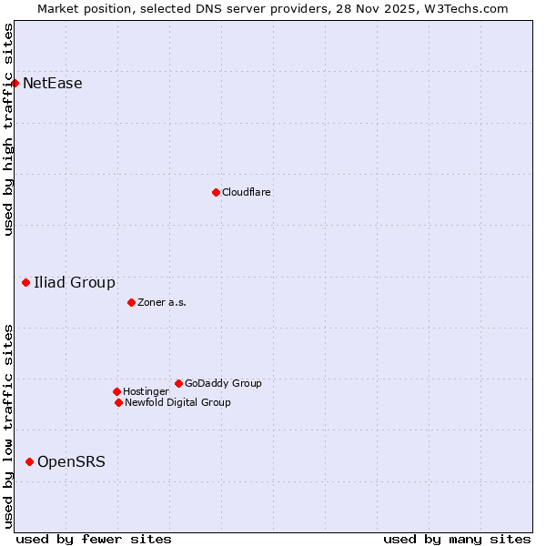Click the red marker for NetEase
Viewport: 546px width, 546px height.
click(15, 84)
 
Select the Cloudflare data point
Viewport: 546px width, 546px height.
click(216, 192)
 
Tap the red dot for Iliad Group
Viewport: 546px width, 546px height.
click(26, 283)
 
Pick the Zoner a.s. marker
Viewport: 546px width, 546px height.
click(131, 302)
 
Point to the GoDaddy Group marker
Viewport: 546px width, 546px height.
click(178, 383)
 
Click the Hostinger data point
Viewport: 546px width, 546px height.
click(116, 391)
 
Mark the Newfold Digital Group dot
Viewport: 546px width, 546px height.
click(118, 402)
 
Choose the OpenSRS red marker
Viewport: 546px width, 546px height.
click(29, 462)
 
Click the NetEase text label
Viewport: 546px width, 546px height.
click(53, 84)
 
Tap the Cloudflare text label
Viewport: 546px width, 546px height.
click(247, 192)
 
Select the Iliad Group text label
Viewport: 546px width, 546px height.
click(75, 283)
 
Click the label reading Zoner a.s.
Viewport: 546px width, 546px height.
click(162, 302)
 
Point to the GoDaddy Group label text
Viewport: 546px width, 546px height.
click(223, 383)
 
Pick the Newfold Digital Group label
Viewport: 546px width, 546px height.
click(177, 402)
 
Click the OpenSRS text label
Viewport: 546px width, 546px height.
click(71, 462)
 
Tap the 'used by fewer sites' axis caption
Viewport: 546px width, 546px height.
click(94, 539)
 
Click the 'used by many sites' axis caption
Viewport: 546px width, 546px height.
click(457, 539)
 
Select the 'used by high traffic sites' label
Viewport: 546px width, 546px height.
click(8, 129)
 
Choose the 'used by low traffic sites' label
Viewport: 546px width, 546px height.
click(8, 426)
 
